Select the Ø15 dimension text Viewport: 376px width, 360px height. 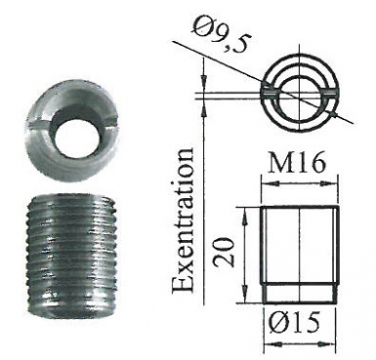295,323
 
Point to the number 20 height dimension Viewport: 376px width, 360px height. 225,252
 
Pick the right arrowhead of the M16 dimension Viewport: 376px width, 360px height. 329,183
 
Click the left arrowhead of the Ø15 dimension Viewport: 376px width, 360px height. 272,343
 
